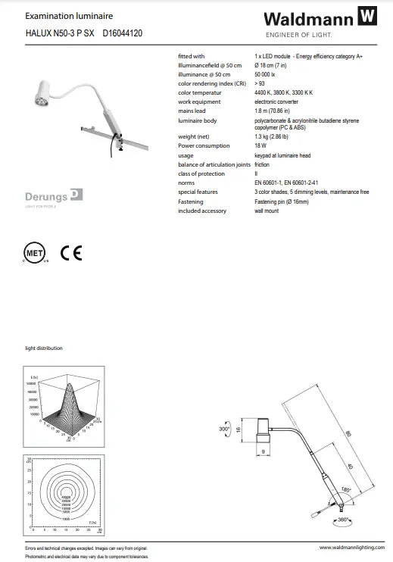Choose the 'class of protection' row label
[202, 174]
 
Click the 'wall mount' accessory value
[266, 211]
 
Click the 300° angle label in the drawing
[223, 429]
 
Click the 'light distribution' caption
[44, 348]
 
